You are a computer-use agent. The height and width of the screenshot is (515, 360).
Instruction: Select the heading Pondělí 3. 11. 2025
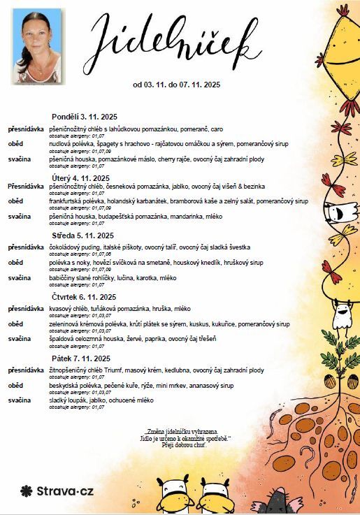pos(84,116)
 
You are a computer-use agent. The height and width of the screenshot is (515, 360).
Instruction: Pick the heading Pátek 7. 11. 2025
pos(81,358)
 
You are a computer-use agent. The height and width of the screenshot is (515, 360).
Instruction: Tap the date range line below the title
pos(176,85)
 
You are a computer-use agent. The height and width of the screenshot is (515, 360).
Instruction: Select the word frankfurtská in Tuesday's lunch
pos(68,201)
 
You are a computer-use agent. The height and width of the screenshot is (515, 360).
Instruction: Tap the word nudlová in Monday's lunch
pos(60,143)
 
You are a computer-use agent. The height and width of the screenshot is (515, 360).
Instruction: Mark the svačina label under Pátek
pos(19,400)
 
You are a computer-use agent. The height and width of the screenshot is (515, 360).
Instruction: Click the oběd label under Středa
pos(15,263)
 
